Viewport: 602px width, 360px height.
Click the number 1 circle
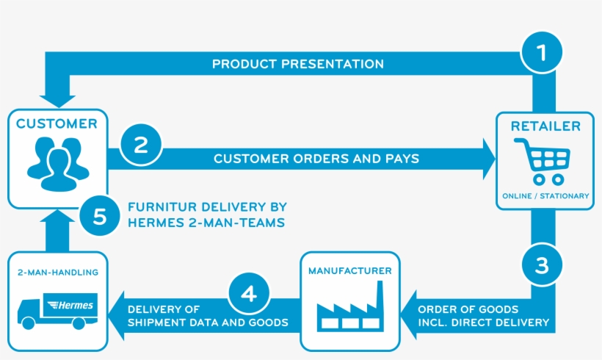click(542, 53)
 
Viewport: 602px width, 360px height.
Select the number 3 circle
click(541, 265)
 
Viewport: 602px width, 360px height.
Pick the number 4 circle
click(250, 294)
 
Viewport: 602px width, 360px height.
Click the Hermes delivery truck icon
click(58, 310)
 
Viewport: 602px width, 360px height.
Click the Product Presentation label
click(298, 64)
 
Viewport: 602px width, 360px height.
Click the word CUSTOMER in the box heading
click(57, 124)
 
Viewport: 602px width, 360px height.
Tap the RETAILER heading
click(545, 126)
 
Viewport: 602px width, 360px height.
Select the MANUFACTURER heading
click(349, 271)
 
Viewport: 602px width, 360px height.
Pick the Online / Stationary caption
click(545, 195)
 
